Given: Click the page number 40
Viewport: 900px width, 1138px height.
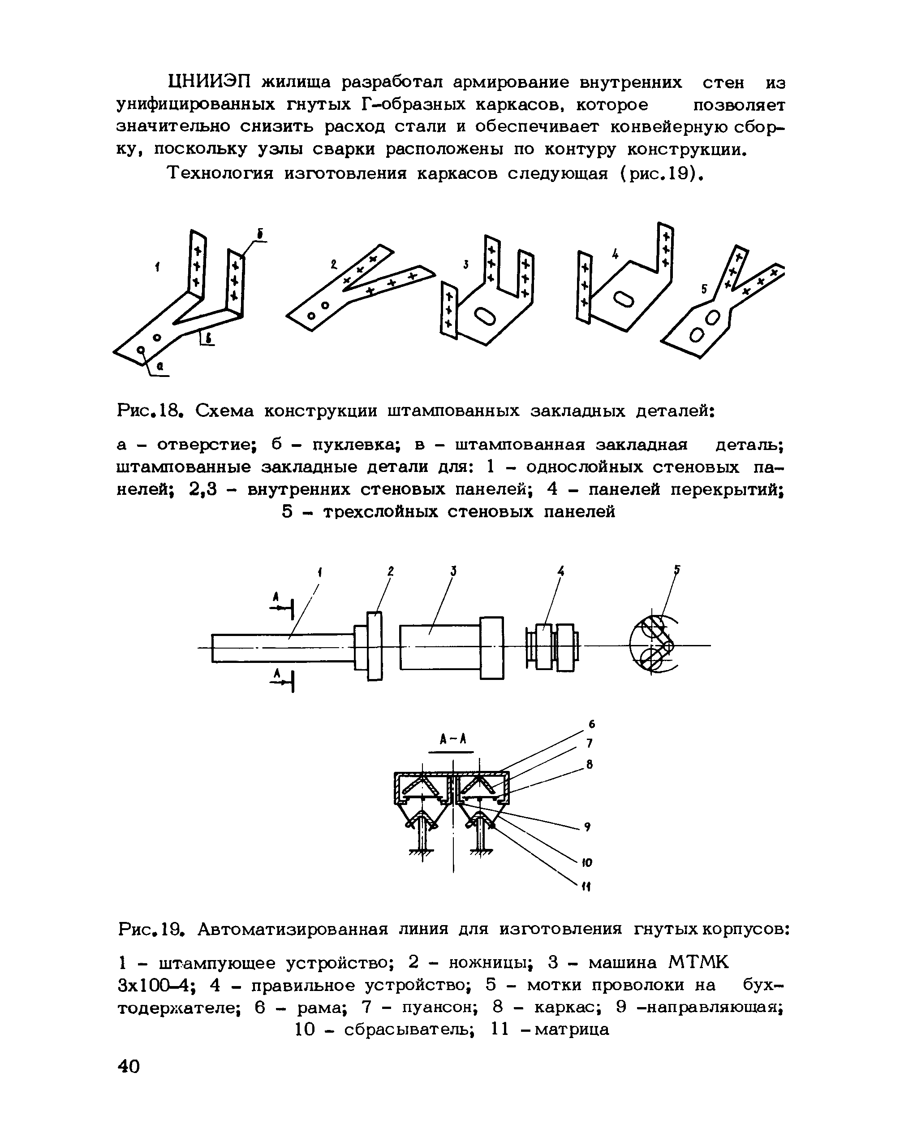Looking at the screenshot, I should [x=129, y=1067].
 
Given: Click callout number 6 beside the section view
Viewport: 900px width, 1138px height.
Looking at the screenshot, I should [x=592, y=725].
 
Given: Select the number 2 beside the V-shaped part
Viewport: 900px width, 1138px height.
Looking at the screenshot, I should [x=334, y=265].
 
